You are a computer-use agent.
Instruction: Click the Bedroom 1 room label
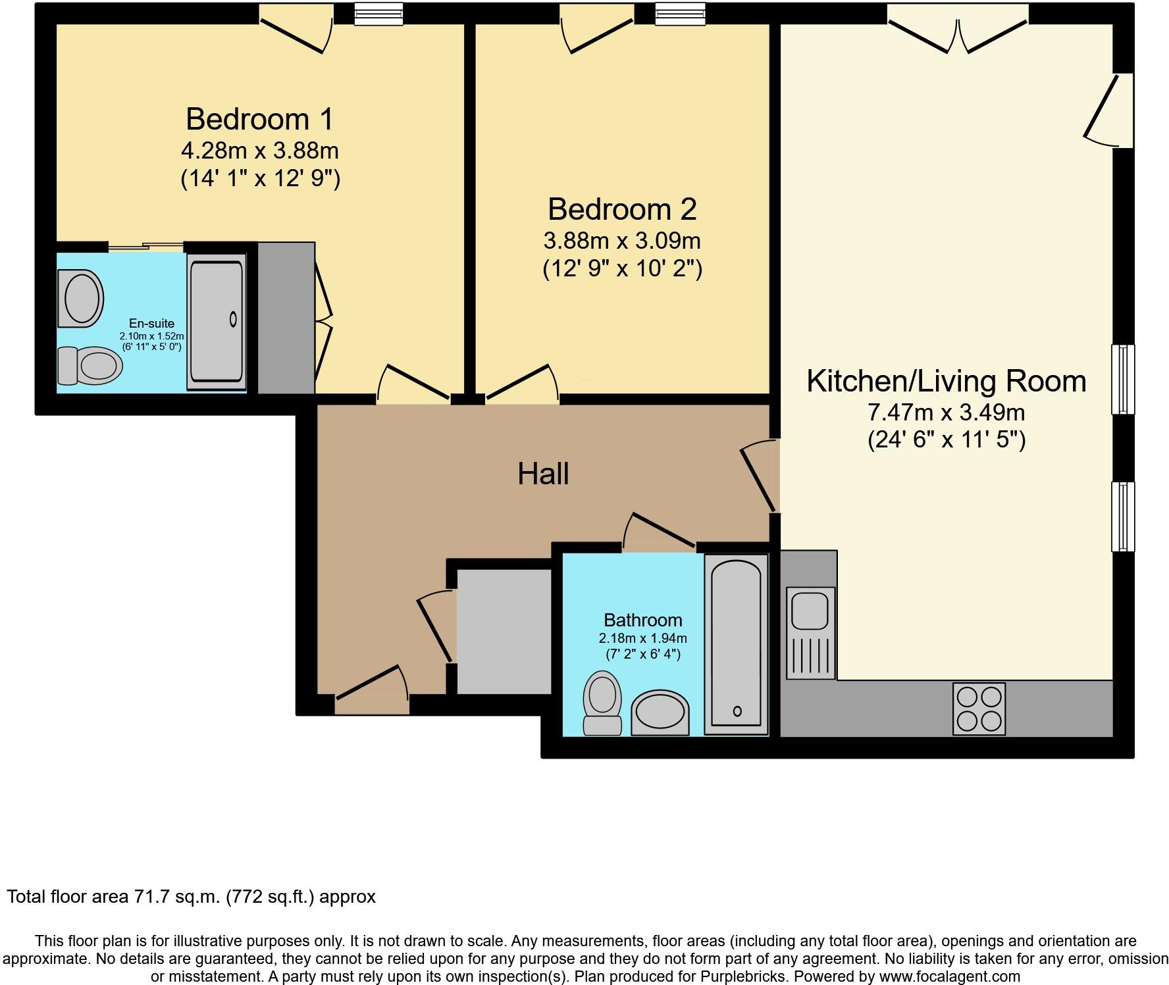(x=260, y=119)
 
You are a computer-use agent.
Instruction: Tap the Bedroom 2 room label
(x=622, y=209)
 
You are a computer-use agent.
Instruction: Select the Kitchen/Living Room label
(x=947, y=382)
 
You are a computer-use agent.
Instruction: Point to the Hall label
(x=543, y=474)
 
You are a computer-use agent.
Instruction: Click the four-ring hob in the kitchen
(x=979, y=709)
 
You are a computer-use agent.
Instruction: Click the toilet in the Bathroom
(x=603, y=703)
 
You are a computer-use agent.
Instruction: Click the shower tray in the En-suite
(x=217, y=322)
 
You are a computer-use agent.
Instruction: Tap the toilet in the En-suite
(x=90, y=365)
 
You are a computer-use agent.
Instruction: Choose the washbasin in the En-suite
(x=81, y=298)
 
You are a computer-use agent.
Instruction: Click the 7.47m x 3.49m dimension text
(x=947, y=413)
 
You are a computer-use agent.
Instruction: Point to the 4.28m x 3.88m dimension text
(x=260, y=151)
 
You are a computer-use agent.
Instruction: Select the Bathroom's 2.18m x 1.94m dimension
(x=643, y=638)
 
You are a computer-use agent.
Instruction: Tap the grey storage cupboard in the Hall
(x=504, y=631)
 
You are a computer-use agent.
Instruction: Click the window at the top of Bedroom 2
(x=680, y=13)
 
